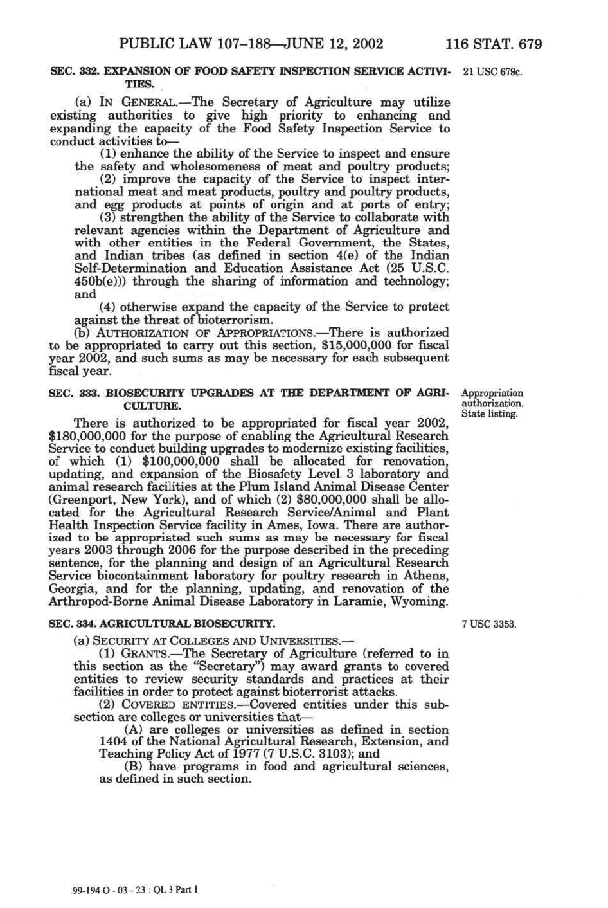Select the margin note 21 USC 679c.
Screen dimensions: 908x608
[x=493, y=71]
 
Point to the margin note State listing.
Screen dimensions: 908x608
[x=490, y=414]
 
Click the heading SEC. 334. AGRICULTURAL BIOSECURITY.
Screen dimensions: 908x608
[x=162, y=624]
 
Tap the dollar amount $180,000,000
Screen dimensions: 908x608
[x=89, y=436]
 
